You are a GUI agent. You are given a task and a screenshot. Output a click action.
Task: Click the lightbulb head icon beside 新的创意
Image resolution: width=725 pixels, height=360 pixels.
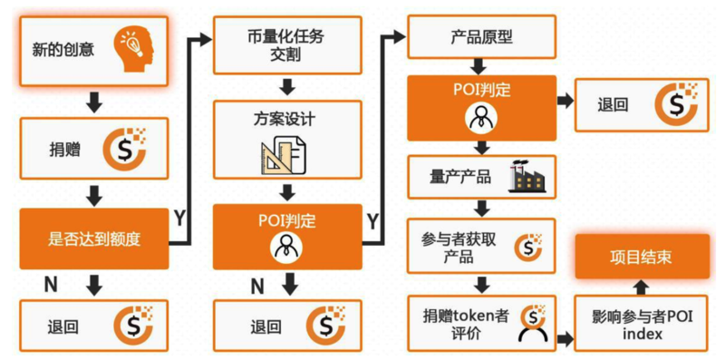tap(133, 46)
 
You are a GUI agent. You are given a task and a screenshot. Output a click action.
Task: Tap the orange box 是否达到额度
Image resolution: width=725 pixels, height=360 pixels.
tap(94, 239)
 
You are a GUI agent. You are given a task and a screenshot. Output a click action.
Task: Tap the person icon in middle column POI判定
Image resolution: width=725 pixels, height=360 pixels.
tap(286, 247)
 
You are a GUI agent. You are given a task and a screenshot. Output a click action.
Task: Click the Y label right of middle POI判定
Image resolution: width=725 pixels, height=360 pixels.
tap(372, 219)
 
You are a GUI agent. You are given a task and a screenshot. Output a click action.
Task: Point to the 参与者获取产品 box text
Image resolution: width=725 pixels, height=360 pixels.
tap(458, 247)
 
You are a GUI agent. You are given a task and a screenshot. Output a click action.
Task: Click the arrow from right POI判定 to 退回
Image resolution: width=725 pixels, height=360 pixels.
tap(564, 102)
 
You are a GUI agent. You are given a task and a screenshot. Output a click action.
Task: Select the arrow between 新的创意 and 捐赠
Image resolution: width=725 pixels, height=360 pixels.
tap(94, 102)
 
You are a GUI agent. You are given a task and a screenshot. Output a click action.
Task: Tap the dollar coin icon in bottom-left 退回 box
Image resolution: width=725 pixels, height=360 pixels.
tap(132, 326)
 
